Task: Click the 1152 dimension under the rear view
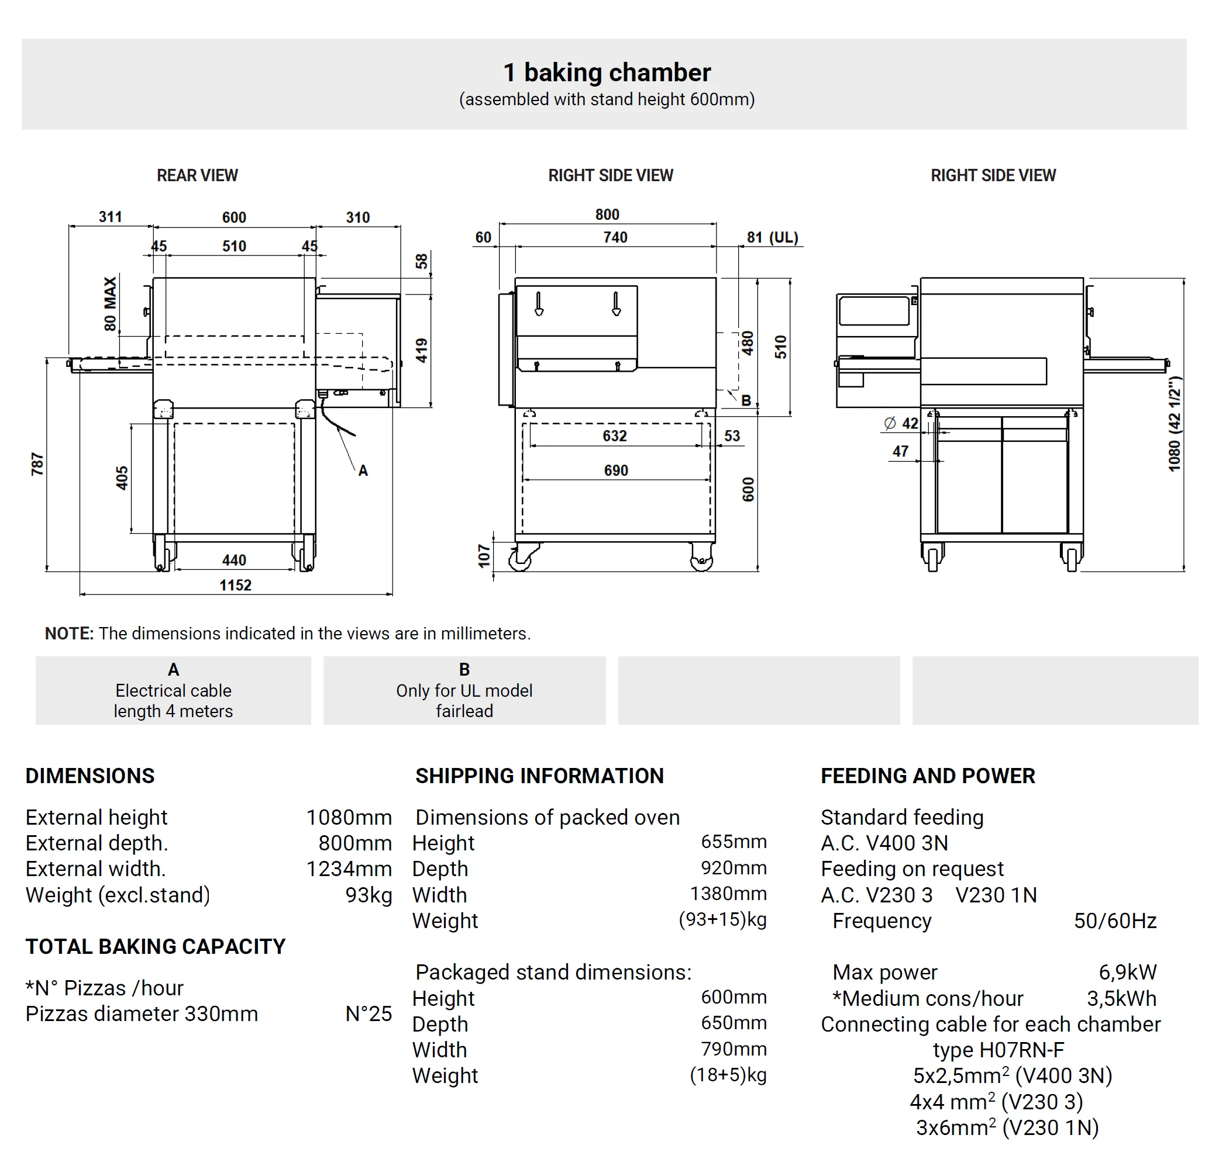tap(235, 584)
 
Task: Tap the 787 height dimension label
tap(37, 463)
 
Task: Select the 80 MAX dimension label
tap(110, 303)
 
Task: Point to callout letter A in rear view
tap(363, 471)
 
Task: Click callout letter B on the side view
tap(746, 400)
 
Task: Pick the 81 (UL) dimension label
tap(772, 237)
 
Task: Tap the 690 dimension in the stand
tap(616, 470)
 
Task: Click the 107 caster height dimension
tap(484, 555)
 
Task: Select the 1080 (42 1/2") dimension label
tap(1175, 424)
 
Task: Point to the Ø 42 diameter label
tap(901, 423)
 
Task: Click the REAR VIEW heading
tap(197, 175)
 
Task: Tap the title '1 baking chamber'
tap(607, 72)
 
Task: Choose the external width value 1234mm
tap(349, 869)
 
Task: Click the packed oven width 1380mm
tap(728, 894)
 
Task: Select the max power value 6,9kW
tap(1127, 972)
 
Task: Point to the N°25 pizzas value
tap(369, 1013)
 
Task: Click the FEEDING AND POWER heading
tap(928, 776)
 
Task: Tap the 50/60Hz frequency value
tap(1115, 921)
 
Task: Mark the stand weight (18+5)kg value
tap(728, 1075)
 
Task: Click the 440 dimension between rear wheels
tap(235, 560)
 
